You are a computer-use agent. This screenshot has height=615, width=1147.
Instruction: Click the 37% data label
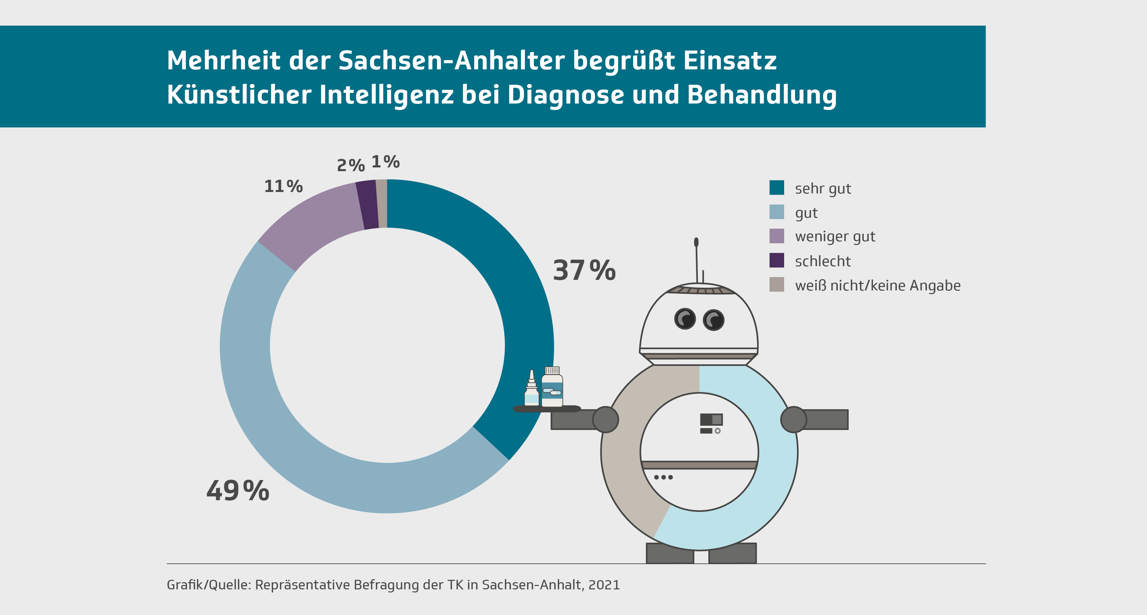tap(584, 271)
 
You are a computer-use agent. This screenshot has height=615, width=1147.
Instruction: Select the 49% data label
tap(238, 491)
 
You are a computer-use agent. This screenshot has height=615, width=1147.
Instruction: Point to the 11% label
tap(283, 186)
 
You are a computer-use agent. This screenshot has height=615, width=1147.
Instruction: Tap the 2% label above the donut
tap(351, 165)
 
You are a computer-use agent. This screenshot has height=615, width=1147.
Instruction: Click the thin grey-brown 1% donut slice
tap(382, 204)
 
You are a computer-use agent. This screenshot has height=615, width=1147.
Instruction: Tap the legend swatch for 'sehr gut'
tap(777, 188)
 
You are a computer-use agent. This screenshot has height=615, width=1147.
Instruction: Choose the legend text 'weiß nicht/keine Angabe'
tap(878, 285)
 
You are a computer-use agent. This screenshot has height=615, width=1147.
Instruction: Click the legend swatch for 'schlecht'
tap(777, 260)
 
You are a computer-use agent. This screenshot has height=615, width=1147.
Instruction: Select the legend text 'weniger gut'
tap(835, 236)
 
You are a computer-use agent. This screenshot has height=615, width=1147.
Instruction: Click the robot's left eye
tap(685, 319)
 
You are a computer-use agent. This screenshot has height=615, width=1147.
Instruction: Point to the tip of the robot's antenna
tap(696, 242)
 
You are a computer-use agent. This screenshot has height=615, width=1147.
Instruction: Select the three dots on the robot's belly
tap(663, 477)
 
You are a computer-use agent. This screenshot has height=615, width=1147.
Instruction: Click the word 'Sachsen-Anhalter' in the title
tap(452, 60)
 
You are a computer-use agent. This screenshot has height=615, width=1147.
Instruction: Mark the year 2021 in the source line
tap(604, 585)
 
